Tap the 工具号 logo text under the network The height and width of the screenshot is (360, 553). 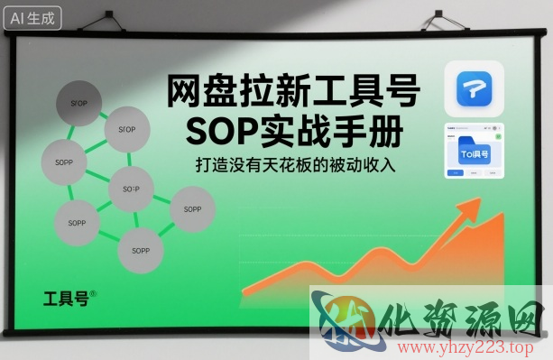point(66,298)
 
